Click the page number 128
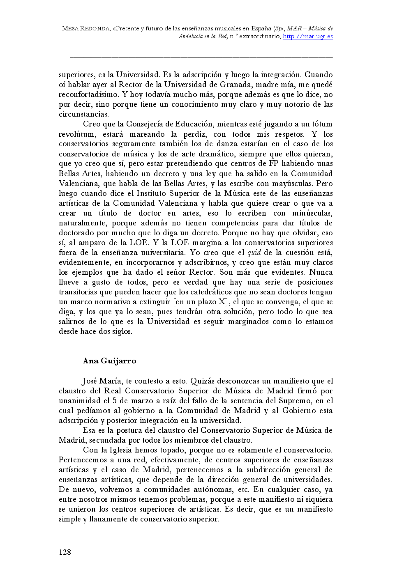[x=65, y=552]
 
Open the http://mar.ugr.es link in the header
[x=308, y=37]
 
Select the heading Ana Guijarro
[x=109, y=361]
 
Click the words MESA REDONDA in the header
[x=85, y=29]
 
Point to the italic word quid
[x=254, y=253]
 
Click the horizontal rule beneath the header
[x=201, y=57]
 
